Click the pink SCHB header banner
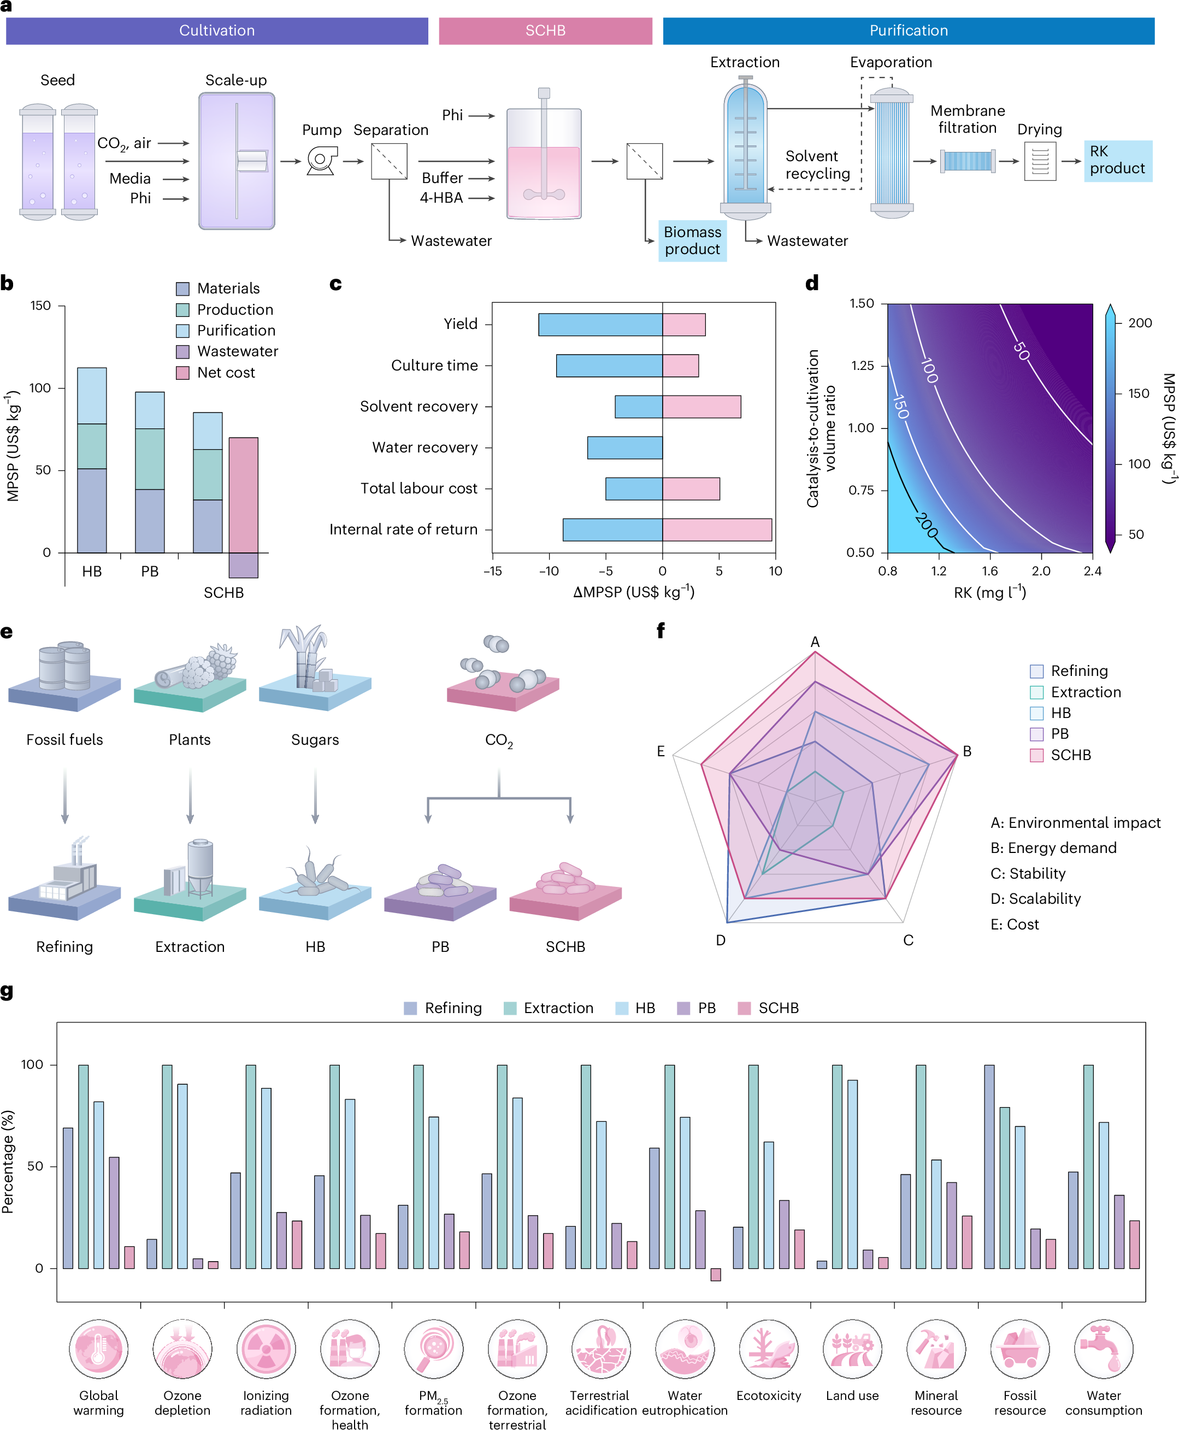click(545, 31)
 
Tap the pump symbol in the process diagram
click(321, 161)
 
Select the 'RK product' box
click(1117, 160)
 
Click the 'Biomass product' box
click(692, 240)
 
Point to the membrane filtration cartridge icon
click(968, 161)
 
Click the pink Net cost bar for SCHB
click(243, 495)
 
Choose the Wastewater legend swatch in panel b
click(182, 351)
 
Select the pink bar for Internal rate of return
click(716, 529)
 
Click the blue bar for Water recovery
click(625, 448)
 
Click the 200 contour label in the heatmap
click(927, 525)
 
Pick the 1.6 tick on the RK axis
click(989, 570)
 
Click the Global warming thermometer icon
click(98, 1349)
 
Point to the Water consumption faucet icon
click(1104, 1349)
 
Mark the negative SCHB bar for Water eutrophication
click(716, 1274)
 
